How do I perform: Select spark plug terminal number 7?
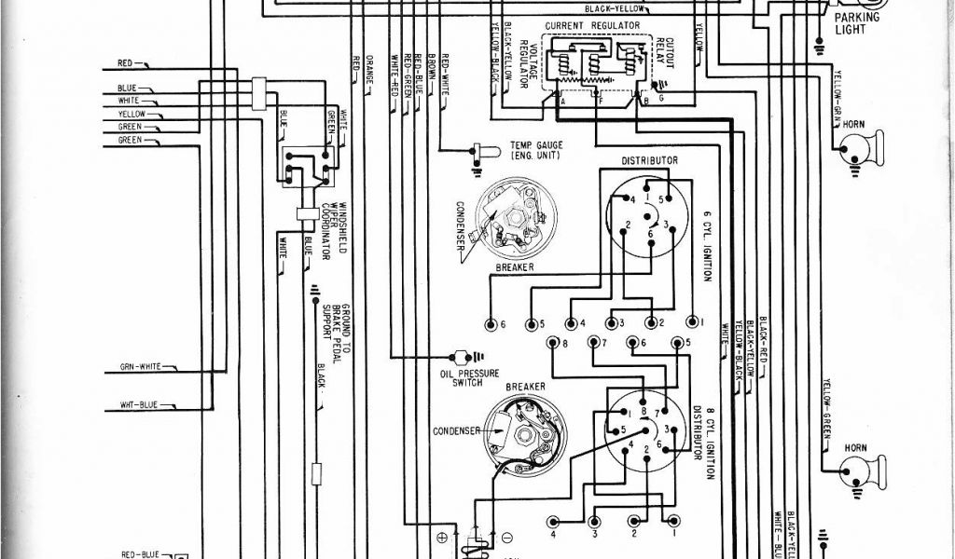[x=594, y=344]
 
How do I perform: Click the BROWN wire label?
[x=432, y=70]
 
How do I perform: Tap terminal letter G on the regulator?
[x=661, y=97]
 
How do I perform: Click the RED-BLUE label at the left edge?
[x=140, y=553]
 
